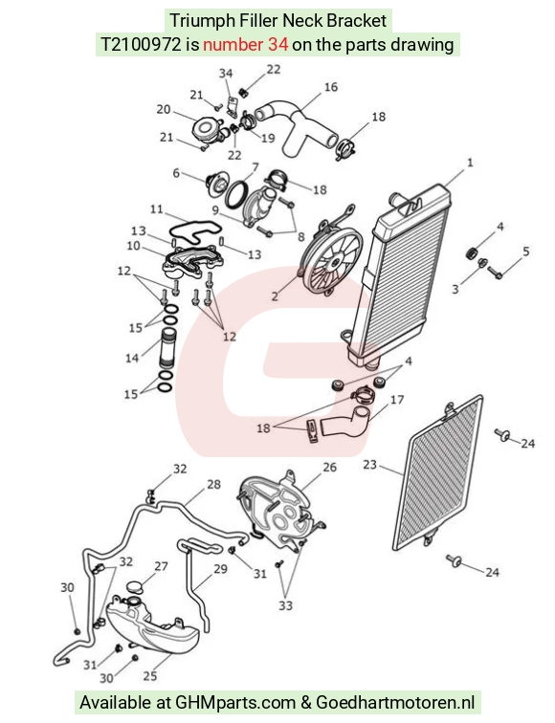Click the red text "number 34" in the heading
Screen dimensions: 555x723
coord(245,45)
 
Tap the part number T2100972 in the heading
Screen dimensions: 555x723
coord(141,45)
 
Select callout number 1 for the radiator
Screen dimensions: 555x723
coord(470,163)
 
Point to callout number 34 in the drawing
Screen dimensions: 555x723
coord(226,74)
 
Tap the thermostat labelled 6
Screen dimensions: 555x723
coord(216,185)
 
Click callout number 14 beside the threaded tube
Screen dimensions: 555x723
coord(132,358)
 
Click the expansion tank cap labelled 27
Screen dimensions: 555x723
coord(135,588)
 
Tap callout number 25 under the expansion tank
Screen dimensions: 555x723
coord(150,676)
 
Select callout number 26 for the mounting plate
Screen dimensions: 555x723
coord(329,467)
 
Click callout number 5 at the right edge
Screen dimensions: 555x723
coord(526,252)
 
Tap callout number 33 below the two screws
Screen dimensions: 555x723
coord(285,605)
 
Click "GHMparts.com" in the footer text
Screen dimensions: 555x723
coord(235,703)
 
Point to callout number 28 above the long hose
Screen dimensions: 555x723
coord(213,484)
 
